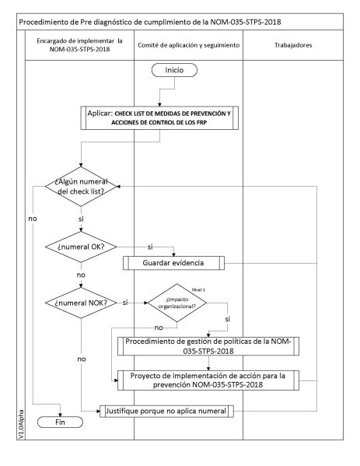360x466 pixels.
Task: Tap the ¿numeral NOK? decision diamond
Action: (x=81, y=302)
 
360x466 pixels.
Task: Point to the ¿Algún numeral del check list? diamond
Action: (x=81, y=187)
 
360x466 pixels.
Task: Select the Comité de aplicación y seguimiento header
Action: (x=187, y=45)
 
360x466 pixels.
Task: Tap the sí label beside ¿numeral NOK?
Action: (x=125, y=302)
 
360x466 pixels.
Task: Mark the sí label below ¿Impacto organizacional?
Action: (x=228, y=319)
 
